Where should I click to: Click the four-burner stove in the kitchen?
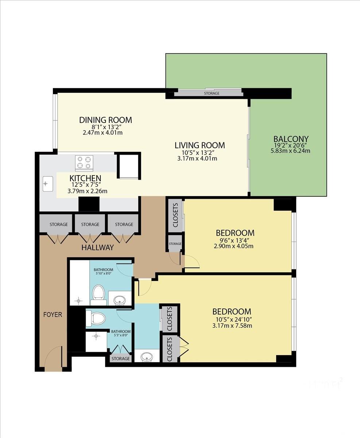[x=84, y=163]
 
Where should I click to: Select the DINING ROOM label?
[x=105, y=120]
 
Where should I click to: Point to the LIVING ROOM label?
[x=200, y=145]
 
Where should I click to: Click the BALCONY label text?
[x=291, y=139]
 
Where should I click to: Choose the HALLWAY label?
[x=97, y=247]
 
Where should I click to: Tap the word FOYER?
[x=53, y=314]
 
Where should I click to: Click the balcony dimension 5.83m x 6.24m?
[x=290, y=150]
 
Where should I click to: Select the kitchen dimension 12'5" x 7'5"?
[x=86, y=185]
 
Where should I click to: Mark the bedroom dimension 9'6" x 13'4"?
[x=233, y=240]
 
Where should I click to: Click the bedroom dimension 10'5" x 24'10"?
[x=232, y=319]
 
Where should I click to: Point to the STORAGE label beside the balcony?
[x=212, y=93]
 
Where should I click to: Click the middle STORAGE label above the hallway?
[x=90, y=224]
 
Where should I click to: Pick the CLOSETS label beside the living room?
[x=175, y=215]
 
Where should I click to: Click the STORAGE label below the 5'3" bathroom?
[x=120, y=359]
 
